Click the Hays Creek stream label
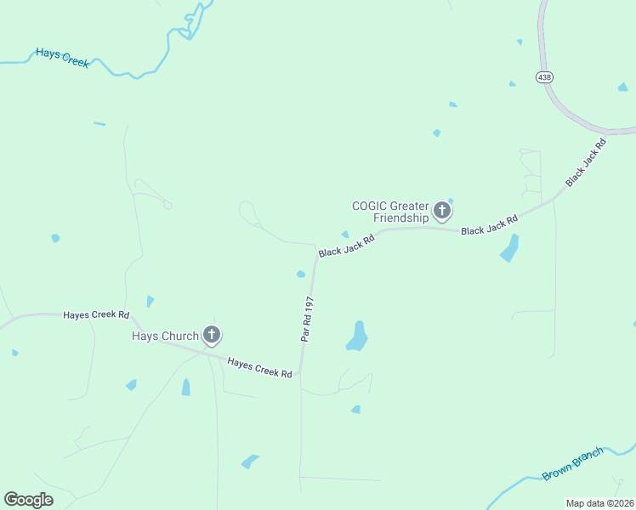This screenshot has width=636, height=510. pyautogui.click(x=61, y=57)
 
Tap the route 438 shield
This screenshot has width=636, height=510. pyautogui.click(x=544, y=76)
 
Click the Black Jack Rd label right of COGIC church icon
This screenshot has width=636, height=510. pyautogui.click(x=489, y=225)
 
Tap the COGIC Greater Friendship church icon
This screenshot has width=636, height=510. pyautogui.click(x=442, y=210)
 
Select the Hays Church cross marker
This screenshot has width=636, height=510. pyautogui.click(x=212, y=335)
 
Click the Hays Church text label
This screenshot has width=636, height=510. pyautogui.click(x=164, y=336)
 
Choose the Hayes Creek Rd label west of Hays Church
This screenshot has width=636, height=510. pyautogui.click(x=96, y=314)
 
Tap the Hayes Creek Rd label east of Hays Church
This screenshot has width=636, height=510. pyautogui.click(x=259, y=367)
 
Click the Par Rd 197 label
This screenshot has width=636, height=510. pyautogui.click(x=307, y=319)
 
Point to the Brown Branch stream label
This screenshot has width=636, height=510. pyautogui.click(x=573, y=463)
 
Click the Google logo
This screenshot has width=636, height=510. pyautogui.click(x=28, y=499)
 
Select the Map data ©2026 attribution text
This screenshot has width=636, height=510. pyautogui.click(x=599, y=503)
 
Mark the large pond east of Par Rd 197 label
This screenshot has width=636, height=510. pyautogui.click(x=358, y=337)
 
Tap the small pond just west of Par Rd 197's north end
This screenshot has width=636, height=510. pyautogui.click(x=300, y=274)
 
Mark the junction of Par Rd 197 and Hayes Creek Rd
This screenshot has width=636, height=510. pyautogui.click(x=300, y=373)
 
